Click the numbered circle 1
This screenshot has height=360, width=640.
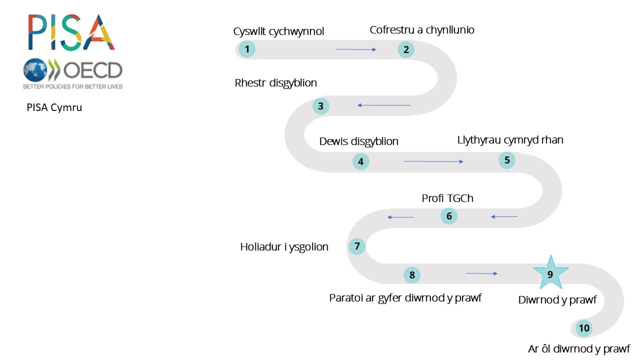tap(247, 49)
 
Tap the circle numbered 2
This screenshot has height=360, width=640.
tap(406, 49)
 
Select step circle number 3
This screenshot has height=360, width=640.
tap(321, 106)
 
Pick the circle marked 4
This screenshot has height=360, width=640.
tap(361, 161)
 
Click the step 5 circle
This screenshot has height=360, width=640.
tap(507, 160)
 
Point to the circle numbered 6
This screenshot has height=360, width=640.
tap(449, 216)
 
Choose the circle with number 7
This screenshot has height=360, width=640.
tap(357, 246)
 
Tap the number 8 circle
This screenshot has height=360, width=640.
tap(412, 274)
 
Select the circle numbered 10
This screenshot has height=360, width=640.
tap(584, 328)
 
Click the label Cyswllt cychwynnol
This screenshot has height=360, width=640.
tap(278, 31)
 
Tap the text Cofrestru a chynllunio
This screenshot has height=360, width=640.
tap(422, 30)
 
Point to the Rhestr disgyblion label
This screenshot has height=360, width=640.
tap(275, 83)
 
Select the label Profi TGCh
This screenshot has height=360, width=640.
tap(447, 198)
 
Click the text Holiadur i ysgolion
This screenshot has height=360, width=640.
tap(284, 247)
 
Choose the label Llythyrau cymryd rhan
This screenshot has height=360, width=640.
tap(510, 140)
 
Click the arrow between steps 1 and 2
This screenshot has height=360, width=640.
tap(356, 49)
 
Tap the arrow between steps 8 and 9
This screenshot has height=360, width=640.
tap(481, 273)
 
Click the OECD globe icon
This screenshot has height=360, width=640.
tap(35, 70)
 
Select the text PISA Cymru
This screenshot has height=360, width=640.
tap(54, 107)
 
